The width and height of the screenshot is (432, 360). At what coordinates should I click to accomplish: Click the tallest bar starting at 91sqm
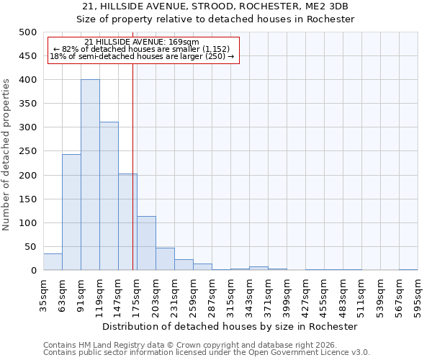pyautogui.click(x=90, y=175)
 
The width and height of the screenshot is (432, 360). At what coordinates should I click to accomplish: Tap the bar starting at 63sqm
pyautogui.click(x=71, y=212)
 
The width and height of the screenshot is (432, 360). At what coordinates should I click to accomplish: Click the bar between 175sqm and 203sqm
pyautogui.click(x=146, y=243)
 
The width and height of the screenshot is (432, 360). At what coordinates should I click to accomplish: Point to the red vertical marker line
pyautogui.click(x=133, y=166)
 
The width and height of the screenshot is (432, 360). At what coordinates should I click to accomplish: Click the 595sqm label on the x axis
pyautogui.click(x=418, y=294)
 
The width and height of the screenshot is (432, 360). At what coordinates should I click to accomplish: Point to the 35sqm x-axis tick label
pyautogui.click(x=43, y=294)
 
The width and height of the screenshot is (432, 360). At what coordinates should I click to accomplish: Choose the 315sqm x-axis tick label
pyautogui.click(x=230, y=294)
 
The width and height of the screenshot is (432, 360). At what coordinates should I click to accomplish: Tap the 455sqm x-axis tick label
pyautogui.click(x=324, y=294)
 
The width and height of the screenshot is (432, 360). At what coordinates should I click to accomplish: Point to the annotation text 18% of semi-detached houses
pyautogui.click(x=142, y=56)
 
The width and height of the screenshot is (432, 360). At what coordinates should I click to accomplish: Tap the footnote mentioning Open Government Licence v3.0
pyautogui.click(x=207, y=353)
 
